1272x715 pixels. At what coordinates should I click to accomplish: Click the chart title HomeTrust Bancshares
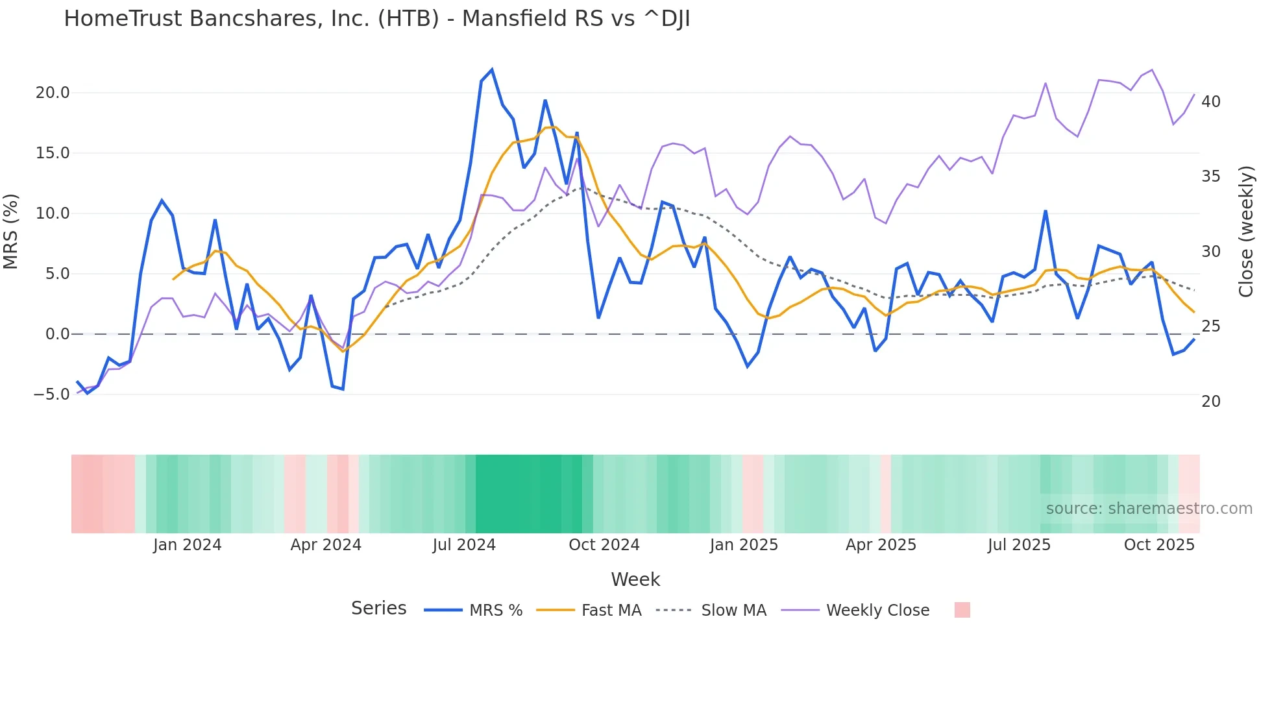(x=376, y=19)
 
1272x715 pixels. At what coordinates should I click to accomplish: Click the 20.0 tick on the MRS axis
(x=53, y=93)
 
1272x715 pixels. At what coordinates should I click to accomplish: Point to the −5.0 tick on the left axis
(x=51, y=394)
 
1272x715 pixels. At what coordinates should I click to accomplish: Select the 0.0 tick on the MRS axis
(x=57, y=334)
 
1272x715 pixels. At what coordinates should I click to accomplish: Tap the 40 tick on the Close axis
(x=1211, y=102)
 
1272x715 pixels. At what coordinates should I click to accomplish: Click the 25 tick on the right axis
(x=1211, y=326)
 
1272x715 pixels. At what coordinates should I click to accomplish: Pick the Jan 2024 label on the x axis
(x=187, y=545)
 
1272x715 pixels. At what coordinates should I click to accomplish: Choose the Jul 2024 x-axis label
(x=464, y=545)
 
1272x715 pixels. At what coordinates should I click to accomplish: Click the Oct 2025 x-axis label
(x=1159, y=545)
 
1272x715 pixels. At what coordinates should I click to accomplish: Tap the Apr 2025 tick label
(x=881, y=545)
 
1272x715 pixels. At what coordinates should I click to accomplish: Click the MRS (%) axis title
(x=11, y=231)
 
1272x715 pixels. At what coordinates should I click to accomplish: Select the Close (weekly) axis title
(x=1246, y=232)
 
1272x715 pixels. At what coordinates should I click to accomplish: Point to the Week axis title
(x=635, y=579)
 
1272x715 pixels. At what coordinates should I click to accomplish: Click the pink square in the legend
(x=962, y=610)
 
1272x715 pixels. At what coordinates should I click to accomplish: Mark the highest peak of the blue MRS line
(x=492, y=69)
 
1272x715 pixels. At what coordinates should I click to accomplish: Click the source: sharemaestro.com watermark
(x=1149, y=509)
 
